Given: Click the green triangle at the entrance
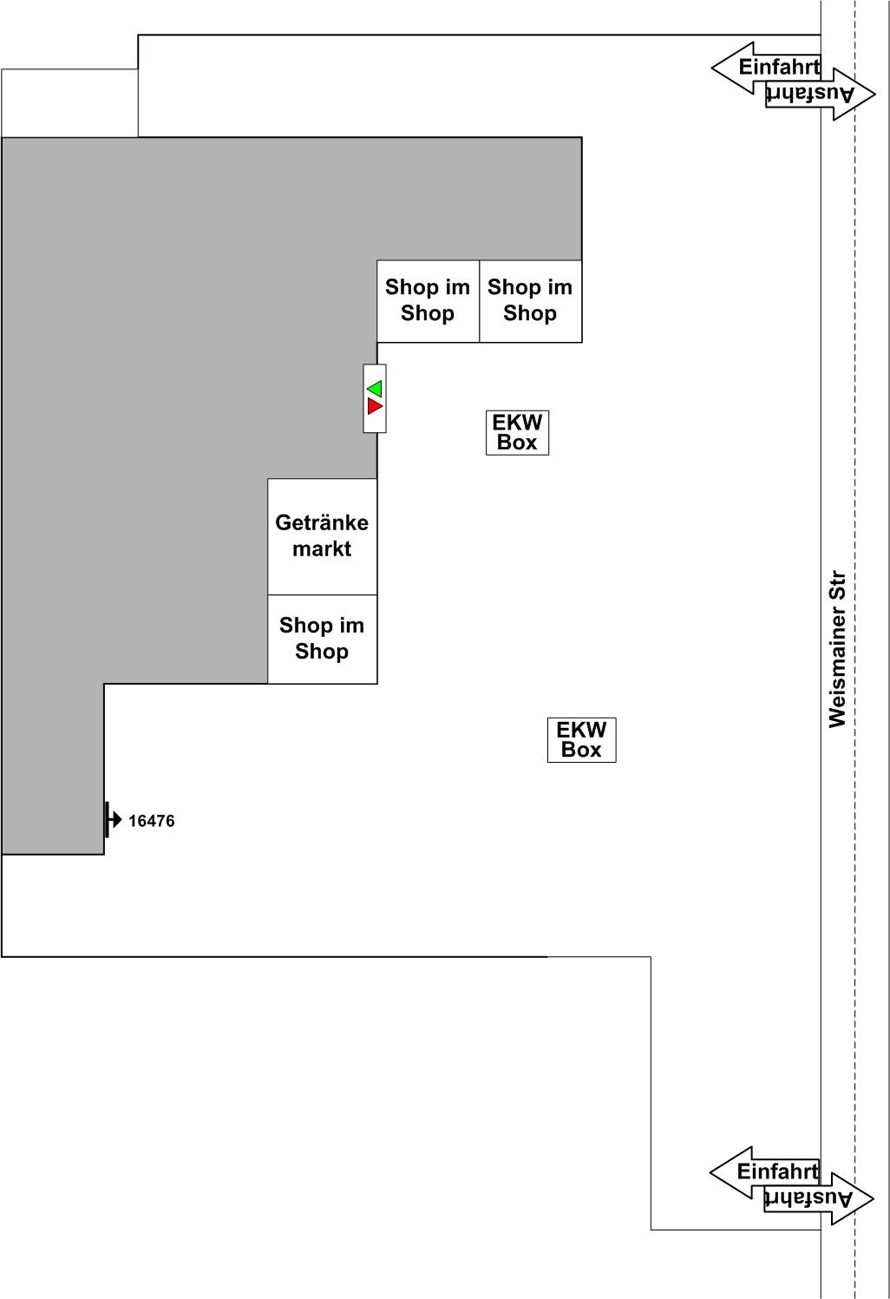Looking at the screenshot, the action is coord(375,389).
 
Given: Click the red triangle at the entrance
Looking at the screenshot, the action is coord(375,406).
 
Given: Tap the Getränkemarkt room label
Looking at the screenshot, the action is coord(322,535).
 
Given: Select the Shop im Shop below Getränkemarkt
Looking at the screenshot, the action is coord(322,638).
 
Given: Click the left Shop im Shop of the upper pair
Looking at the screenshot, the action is coord(428,301).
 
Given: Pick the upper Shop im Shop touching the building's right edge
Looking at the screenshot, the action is coord(531,301).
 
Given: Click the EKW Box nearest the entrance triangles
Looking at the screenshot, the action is coord(517,433).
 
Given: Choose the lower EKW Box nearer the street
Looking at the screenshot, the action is coord(581,740).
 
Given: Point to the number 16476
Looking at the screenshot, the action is coord(151,821).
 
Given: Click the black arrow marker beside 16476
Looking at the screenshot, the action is coord(113,820).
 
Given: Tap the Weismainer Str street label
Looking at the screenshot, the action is coord(837,650).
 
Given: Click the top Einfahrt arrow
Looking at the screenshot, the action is coord(767,68).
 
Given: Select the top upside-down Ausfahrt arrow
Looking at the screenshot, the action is coord(821,94).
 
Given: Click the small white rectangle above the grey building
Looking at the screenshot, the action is coord(69,103).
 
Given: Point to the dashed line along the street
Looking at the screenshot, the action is coord(854,649).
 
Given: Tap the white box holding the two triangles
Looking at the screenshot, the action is coord(375,398).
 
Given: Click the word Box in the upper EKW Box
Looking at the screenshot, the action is coord(517,443).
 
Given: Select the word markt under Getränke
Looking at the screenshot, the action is coord(322,548).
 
